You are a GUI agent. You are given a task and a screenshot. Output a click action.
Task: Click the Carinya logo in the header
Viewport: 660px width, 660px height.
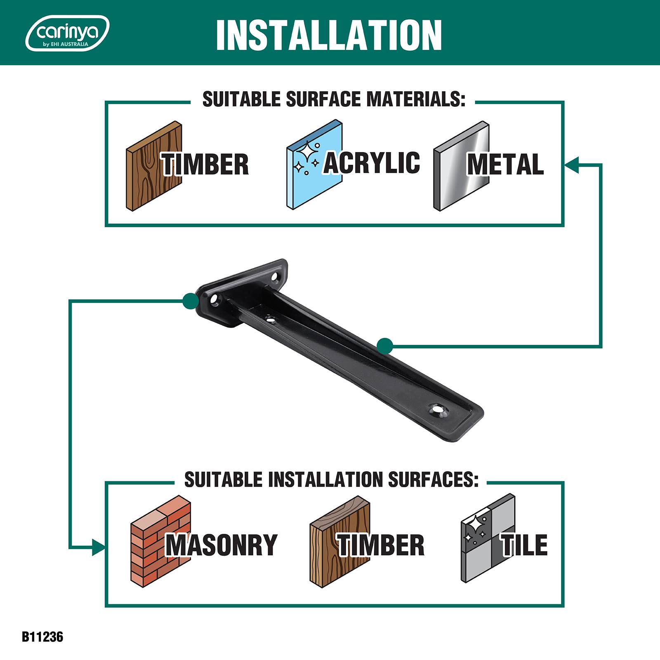click(68, 33)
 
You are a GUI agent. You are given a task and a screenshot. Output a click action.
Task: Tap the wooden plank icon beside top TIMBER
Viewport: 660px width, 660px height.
click(154, 166)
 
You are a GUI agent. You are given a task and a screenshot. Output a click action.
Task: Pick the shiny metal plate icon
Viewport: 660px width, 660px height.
click(461, 166)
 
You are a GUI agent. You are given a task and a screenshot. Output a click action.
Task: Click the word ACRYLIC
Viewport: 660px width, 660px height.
click(371, 163)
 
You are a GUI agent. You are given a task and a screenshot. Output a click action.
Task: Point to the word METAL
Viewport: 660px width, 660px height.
click(505, 164)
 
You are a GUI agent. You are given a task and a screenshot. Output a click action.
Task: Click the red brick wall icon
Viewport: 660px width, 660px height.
click(161, 541)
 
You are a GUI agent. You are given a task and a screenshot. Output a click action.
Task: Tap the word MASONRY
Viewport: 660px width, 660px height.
click(222, 545)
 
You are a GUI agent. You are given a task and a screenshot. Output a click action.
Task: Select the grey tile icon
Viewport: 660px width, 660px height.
click(488, 538)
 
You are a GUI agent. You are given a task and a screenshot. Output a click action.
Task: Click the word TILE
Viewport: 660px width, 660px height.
click(524, 545)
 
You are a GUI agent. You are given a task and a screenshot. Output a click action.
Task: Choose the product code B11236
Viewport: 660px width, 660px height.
click(42, 636)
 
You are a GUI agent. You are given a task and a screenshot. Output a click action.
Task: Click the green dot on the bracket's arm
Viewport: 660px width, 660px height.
click(384, 346)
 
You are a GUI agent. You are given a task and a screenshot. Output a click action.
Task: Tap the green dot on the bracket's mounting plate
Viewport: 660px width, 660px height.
click(190, 301)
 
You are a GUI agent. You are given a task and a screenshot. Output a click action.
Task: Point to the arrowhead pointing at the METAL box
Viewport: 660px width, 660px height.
click(572, 164)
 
